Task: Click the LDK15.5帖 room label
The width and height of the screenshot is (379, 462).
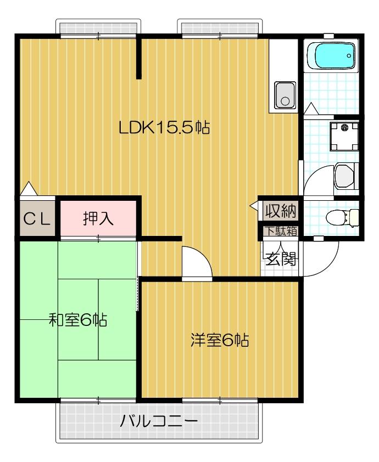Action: coord(164,128)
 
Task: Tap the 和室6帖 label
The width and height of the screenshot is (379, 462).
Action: coord(78,320)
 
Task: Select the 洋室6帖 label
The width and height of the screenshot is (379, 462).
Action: coord(220,340)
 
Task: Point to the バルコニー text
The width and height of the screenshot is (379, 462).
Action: coord(158,421)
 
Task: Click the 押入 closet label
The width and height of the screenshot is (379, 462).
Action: coord(98,218)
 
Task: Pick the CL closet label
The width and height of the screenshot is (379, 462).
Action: coord(37,219)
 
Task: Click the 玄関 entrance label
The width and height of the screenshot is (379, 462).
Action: coord(281,259)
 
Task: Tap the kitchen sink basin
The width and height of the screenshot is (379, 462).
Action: coord(285,95)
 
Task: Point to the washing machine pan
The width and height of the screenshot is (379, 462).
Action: coord(344,137)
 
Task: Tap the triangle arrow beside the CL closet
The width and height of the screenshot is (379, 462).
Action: coord(29,189)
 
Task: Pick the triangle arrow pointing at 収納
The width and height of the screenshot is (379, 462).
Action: coord(254,206)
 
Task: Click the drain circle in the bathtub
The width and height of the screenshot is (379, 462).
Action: coord(349,55)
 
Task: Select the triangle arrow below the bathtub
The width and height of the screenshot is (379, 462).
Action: coord(311,109)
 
